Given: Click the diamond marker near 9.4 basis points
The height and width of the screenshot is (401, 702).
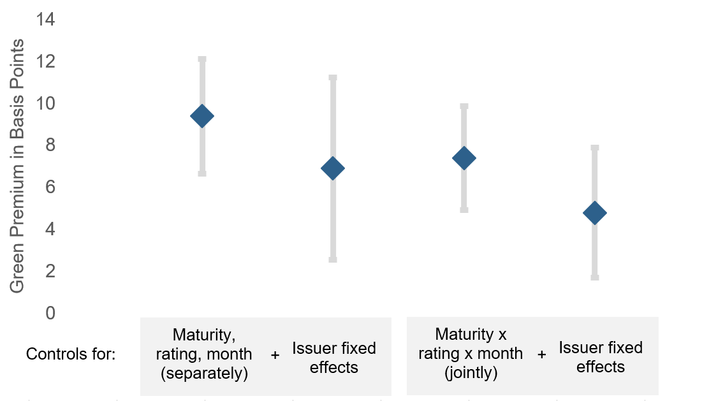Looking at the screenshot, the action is (202, 117).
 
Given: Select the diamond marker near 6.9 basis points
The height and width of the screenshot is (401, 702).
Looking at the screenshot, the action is (333, 168).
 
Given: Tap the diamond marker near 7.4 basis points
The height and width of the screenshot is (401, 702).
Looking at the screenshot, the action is (464, 158).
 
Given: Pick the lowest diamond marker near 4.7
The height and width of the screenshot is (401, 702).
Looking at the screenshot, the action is (594, 213).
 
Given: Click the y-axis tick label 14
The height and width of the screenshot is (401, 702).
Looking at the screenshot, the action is (45, 19).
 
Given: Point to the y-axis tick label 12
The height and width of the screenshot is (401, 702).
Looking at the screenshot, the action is (45, 61).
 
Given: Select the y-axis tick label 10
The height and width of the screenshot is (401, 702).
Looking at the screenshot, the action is (45, 103).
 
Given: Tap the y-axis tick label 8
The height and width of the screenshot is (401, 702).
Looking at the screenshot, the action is (50, 145).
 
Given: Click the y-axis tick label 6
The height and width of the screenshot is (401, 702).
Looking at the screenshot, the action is (50, 187).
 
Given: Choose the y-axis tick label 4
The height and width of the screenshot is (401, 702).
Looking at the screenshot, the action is (50, 229).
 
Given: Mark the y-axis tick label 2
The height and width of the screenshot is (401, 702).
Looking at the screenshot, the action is (50, 271).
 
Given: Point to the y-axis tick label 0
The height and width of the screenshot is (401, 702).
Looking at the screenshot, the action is (50, 313).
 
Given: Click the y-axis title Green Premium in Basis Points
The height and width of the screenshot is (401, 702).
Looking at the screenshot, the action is (17, 166).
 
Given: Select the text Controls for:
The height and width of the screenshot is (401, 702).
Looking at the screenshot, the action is (71, 354).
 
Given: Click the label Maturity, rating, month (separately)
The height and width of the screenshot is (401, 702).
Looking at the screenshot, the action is (204, 354).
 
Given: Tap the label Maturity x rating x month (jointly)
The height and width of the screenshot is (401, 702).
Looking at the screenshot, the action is (471, 354).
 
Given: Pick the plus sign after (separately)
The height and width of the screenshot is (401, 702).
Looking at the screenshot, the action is (275, 355).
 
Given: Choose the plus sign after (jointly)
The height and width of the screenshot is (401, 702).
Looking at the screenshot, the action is (542, 354).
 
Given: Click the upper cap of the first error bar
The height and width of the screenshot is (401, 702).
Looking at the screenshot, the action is (202, 59).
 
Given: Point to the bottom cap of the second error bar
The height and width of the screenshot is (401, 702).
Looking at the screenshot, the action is (333, 259).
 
